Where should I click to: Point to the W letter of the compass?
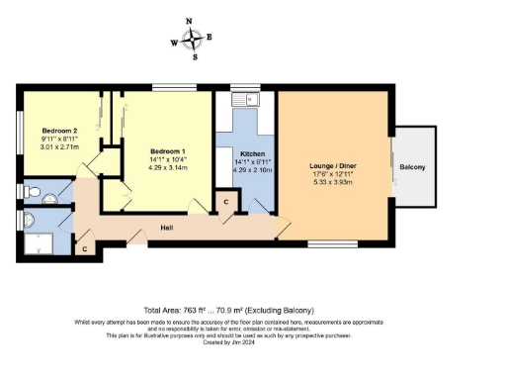pyautogui.click(x=175, y=43)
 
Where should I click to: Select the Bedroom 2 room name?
pyautogui.click(x=60, y=131)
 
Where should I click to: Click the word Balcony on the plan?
pyautogui.click(x=413, y=167)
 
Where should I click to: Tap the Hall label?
pyautogui.click(x=169, y=229)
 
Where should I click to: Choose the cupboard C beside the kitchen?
pyautogui.click(x=226, y=203)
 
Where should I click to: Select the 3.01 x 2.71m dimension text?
pyautogui.click(x=60, y=146)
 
